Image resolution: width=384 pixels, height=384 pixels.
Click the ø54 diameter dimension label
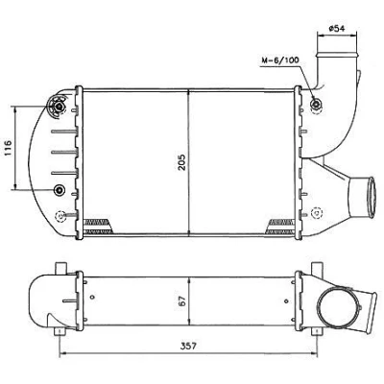336,29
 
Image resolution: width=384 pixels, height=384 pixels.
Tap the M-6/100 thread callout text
280,60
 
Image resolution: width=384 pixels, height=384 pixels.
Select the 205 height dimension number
181,162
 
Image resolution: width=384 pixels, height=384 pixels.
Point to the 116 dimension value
8,148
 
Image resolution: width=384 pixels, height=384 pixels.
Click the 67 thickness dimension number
181,301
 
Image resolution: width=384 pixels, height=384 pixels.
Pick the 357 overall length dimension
188,346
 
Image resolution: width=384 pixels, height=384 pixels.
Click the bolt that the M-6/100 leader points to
316,104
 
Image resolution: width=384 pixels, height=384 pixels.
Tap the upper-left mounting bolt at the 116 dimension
59,106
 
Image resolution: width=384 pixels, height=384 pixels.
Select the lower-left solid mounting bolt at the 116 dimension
59,190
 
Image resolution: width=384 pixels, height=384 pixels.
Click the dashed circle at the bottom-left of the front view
60,216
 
